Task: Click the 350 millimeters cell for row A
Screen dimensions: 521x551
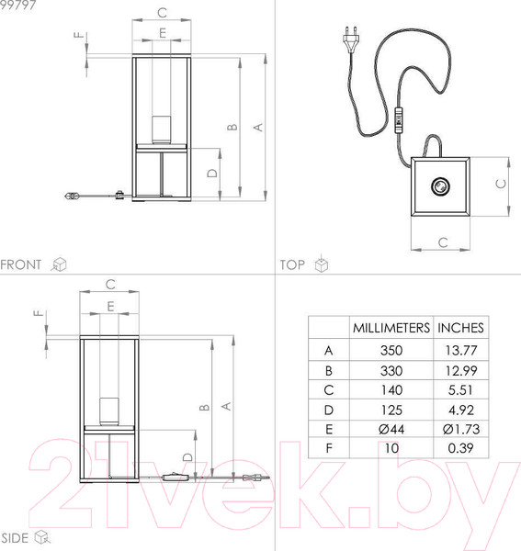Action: (391, 350)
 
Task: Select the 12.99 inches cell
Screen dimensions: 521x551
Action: (461, 370)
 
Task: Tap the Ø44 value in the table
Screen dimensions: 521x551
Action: (391, 429)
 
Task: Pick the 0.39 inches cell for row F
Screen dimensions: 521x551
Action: (460, 448)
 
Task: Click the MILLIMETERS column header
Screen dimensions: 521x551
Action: (391, 328)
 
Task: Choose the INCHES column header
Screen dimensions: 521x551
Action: (460, 328)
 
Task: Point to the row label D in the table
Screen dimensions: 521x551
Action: (328, 410)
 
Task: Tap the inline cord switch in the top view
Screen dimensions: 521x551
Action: (398, 120)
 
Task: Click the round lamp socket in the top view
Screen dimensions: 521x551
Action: (440, 186)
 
